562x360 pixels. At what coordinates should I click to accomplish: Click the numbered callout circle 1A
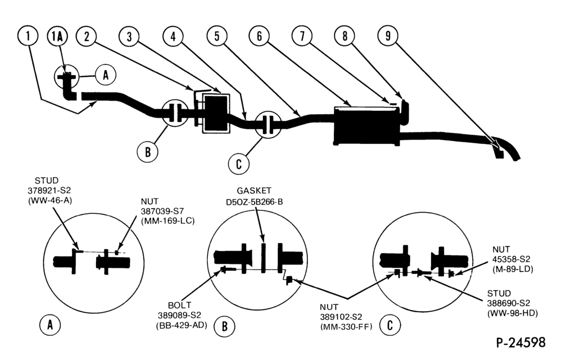57,36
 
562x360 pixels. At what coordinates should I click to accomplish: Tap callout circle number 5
217,36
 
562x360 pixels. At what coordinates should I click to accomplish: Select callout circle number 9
388,35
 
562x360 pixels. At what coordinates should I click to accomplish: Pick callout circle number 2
87,36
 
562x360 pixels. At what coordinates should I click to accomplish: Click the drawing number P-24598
521,342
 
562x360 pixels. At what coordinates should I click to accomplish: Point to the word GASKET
254,191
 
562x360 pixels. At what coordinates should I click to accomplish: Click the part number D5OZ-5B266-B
254,202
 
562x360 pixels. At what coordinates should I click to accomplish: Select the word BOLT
179,305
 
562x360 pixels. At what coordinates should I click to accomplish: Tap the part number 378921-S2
49,191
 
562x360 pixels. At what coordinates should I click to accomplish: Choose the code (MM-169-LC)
167,221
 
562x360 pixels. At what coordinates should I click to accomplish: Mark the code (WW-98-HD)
512,313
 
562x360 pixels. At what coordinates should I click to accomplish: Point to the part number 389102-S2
341,317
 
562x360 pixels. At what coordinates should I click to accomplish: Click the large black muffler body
366,125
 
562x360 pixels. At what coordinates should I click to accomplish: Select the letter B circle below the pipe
148,152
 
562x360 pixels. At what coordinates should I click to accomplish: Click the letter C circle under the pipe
239,164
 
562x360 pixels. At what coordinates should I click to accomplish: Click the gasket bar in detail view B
263,258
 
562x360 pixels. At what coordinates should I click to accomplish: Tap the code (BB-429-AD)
182,326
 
